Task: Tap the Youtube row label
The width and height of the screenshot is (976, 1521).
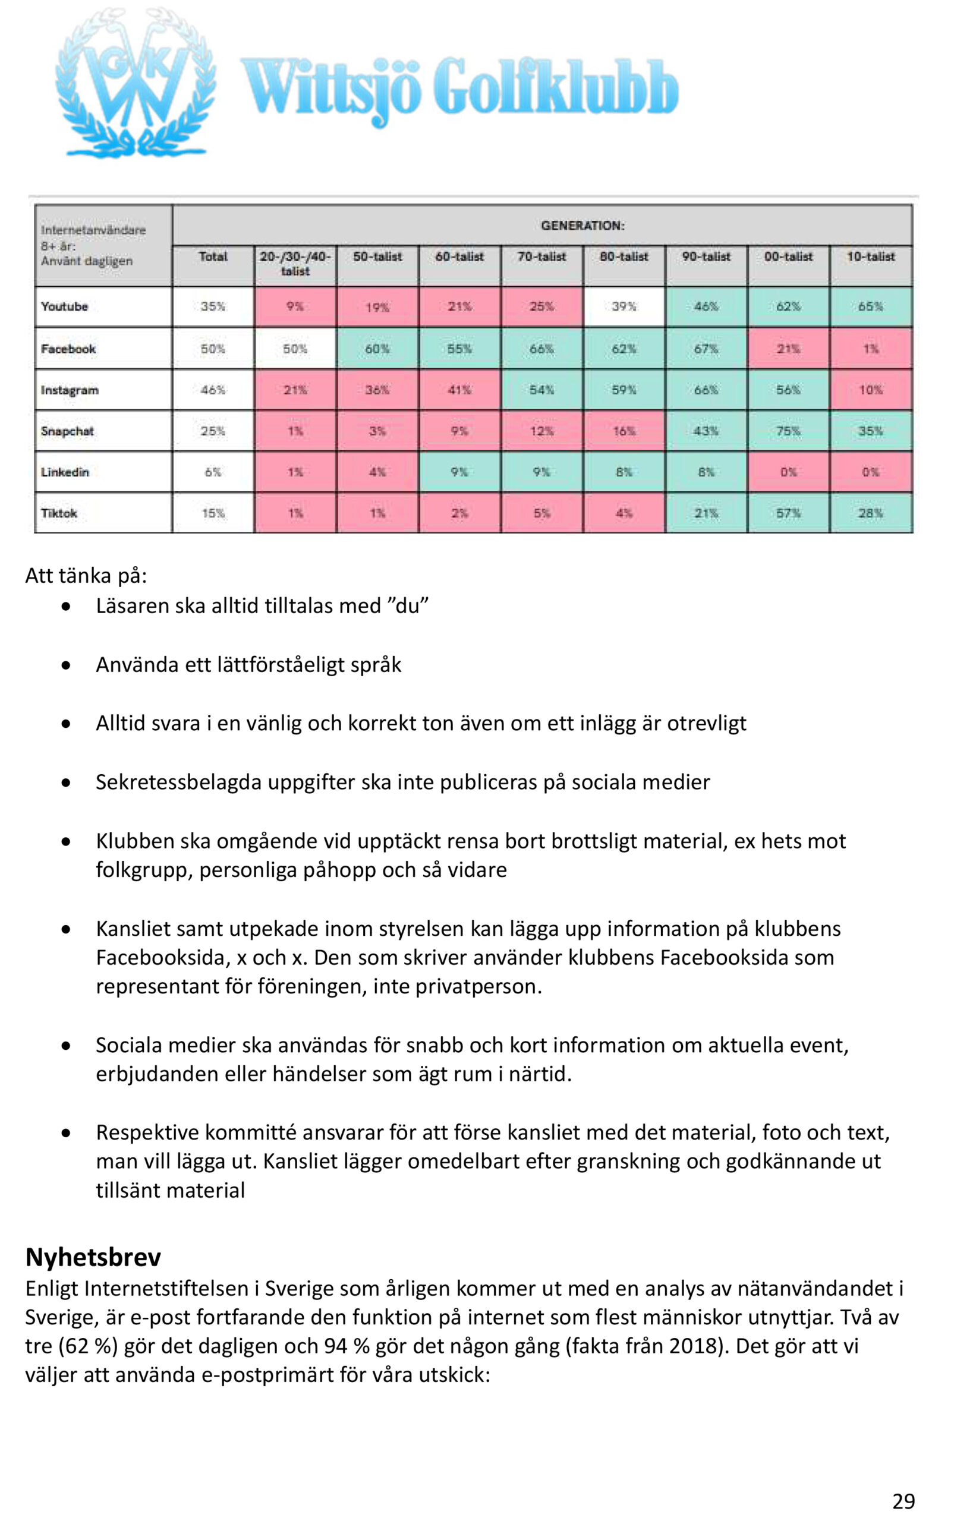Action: point(65,307)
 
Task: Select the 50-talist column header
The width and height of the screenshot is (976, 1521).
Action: point(377,257)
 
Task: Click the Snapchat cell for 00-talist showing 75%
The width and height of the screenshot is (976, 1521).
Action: point(788,431)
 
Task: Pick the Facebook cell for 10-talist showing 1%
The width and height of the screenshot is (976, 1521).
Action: point(871,348)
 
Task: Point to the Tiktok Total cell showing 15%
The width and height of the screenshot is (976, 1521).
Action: point(213,513)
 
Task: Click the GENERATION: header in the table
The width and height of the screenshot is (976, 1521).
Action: point(583,226)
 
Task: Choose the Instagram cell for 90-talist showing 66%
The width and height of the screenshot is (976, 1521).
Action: point(706,390)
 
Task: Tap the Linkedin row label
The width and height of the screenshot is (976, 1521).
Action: point(65,472)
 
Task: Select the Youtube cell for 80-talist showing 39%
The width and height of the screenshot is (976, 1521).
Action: point(624,307)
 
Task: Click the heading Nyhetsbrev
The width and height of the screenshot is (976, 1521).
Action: point(93,1257)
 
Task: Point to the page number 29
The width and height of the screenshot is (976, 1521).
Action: point(903,1496)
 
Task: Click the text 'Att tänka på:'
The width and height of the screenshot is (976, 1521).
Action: point(86,576)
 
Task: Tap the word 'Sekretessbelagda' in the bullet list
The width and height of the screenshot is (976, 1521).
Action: point(179,782)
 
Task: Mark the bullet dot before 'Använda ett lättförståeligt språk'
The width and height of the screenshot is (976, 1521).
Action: point(66,666)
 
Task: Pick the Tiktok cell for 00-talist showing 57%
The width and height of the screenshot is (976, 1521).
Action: point(788,513)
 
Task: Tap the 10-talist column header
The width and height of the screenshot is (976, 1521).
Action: point(871,257)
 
